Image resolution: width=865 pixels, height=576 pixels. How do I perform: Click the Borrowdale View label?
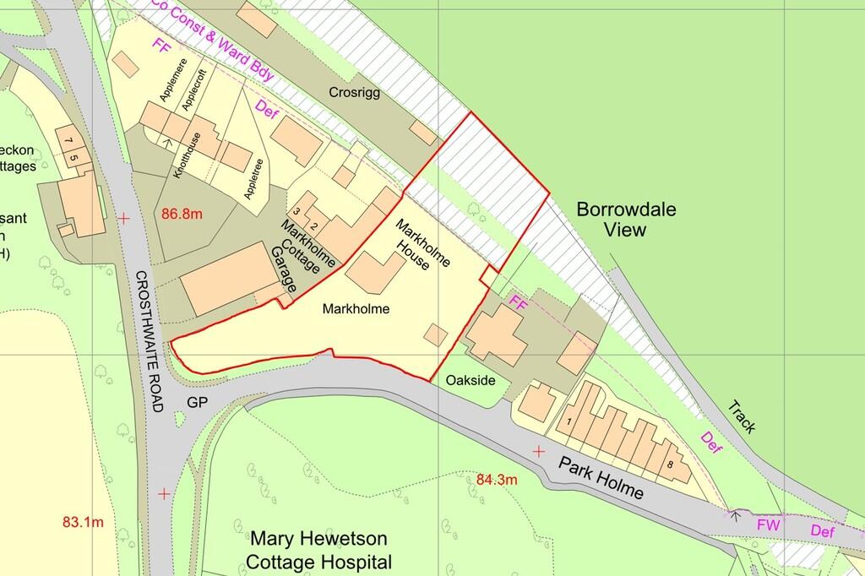(x=627, y=219)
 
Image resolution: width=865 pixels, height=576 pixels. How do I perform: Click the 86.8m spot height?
(x=182, y=215)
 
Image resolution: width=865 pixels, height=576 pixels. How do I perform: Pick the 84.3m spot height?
(x=498, y=480)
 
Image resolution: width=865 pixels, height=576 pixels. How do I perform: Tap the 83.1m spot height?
(x=83, y=522)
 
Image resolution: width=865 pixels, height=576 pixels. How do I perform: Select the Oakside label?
(x=471, y=381)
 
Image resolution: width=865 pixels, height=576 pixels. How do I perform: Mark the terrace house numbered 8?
(x=670, y=463)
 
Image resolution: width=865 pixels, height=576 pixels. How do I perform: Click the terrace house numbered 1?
(x=570, y=421)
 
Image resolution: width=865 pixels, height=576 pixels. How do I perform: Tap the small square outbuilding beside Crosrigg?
(x=421, y=130)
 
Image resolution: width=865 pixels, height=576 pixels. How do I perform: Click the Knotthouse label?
(x=187, y=155)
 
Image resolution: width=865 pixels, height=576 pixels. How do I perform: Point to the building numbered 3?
(x=296, y=209)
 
